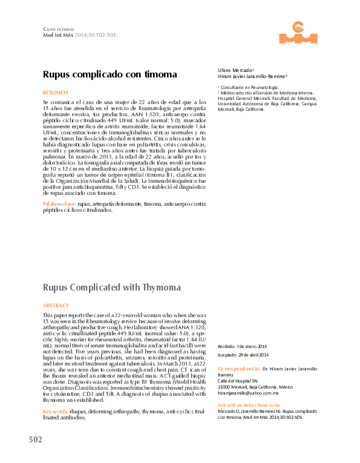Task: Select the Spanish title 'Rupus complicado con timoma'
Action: (110, 74)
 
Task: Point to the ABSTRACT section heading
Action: (56, 306)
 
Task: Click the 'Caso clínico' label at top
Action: (59, 29)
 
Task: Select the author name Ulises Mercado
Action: (236, 70)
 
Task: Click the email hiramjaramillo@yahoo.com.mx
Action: (248, 393)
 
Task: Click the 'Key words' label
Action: (56, 412)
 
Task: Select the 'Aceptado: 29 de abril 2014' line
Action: (243, 355)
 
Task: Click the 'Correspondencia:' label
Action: (238, 368)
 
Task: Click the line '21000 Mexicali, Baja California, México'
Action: (255, 387)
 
